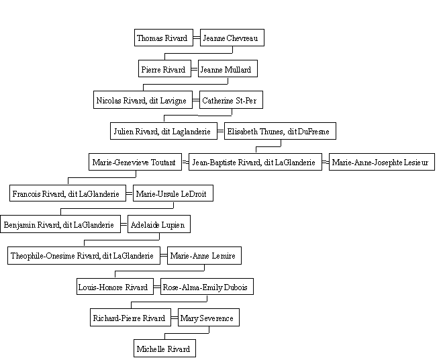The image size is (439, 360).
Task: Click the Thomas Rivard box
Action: click(x=164, y=38)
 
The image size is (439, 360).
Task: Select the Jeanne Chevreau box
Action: click(x=232, y=38)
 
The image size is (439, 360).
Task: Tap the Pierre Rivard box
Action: click(x=164, y=69)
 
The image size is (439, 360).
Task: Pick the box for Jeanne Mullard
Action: click(x=228, y=69)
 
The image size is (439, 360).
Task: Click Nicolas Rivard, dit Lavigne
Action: click(x=143, y=99)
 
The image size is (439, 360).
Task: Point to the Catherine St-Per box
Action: click(x=231, y=99)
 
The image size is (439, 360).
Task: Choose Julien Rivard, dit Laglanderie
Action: click(x=164, y=131)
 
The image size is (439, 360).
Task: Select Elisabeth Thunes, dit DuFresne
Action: click(x=280, y=131)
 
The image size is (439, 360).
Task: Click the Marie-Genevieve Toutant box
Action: click(x=135, y=162)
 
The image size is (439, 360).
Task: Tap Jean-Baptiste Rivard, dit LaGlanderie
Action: click(x=255, y=162)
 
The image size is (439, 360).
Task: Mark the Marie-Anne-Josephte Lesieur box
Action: click(x=382, y=162)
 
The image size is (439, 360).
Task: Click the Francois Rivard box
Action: click(x=68, y=193)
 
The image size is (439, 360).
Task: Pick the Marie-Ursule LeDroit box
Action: click(x=173, y=193)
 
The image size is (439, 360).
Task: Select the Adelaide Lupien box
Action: click(x=159, y=224)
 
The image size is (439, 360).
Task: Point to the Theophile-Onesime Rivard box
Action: click(x=84, y=255)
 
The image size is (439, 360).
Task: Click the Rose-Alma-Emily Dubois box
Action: click(x=207, y=286)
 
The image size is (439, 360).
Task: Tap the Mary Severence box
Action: click(x=209, y=317)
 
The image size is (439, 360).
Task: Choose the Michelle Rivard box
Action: click(x=164, y=348)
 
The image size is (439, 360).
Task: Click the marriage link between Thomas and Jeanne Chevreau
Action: click(x=197, y=38)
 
